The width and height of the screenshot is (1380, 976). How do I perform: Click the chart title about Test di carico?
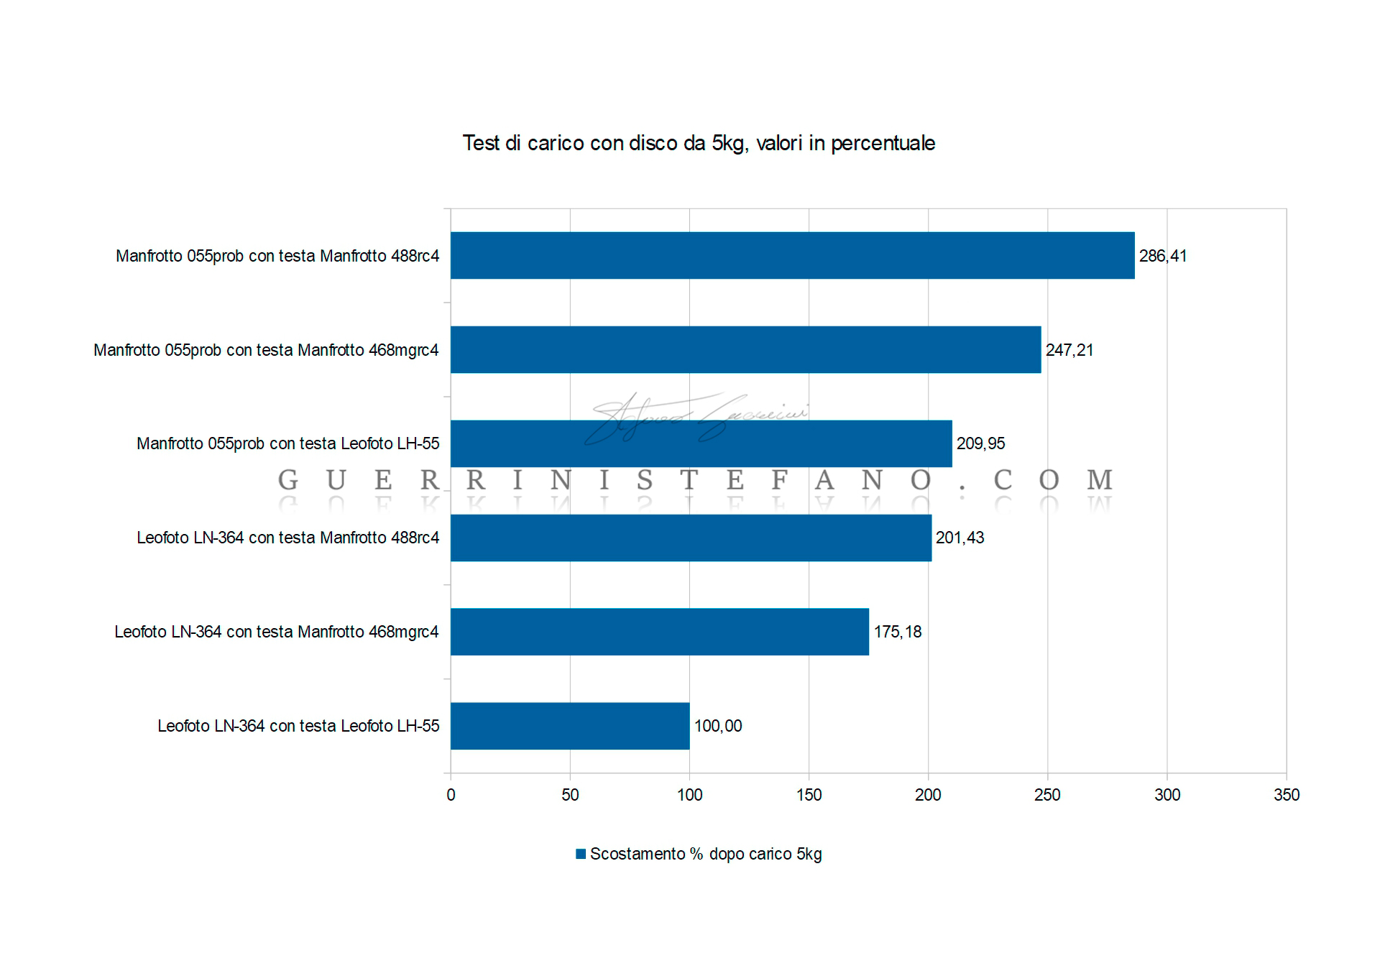(699, 143)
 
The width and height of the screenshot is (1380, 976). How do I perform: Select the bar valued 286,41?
(792, 255)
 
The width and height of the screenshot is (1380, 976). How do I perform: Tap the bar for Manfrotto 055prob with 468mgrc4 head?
(745, 349)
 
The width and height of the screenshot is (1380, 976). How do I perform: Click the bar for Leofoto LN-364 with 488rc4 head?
(691, 538)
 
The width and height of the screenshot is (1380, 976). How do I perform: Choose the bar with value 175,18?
(659, 632)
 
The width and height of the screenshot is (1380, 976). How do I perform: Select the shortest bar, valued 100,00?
(570, 726)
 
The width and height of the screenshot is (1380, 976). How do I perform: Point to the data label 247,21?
(1069, 350)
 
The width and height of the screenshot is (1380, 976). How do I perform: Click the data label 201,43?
(960, 538)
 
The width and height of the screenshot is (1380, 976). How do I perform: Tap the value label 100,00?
(718, 726)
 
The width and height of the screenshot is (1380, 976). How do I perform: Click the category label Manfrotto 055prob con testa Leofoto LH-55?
(287, 443)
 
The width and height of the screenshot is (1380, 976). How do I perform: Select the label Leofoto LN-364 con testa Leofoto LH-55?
(298, 726)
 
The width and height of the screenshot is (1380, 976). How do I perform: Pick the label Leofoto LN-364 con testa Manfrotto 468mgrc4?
(277, 632)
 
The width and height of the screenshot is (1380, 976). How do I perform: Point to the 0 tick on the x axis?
(451, 795)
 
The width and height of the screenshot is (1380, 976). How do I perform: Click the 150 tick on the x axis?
(809, 795)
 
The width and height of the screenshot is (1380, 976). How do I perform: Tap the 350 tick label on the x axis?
(1286, 795)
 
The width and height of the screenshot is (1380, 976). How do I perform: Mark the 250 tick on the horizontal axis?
(1047, 795)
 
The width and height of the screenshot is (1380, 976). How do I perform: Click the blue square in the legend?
(581, 854)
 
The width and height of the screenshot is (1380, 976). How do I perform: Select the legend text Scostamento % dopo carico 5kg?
(706, 854)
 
